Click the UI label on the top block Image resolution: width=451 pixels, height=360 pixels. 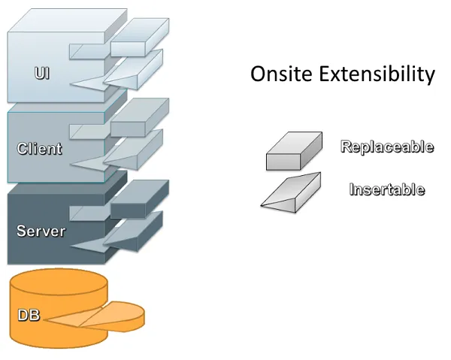click(x=42, y=74)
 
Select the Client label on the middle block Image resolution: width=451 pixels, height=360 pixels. click(x=40, y=148)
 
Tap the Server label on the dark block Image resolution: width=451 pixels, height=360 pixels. click(x=41, y=231)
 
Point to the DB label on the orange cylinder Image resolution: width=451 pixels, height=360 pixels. click(x=28, y=315)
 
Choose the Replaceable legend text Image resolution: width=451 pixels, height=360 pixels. click(x=386, y=147)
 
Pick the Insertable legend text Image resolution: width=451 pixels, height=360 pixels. click(x=386, y=189)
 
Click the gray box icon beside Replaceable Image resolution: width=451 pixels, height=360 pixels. click(x=294, y=152)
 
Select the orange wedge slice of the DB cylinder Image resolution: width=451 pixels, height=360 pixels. click(x=113, y=316)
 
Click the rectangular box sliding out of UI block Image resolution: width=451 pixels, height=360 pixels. click(x=140, y=38)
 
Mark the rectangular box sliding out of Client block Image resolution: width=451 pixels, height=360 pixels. click(x=140, y=116)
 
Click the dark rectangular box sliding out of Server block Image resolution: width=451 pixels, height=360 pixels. click(x=140, y=198)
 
